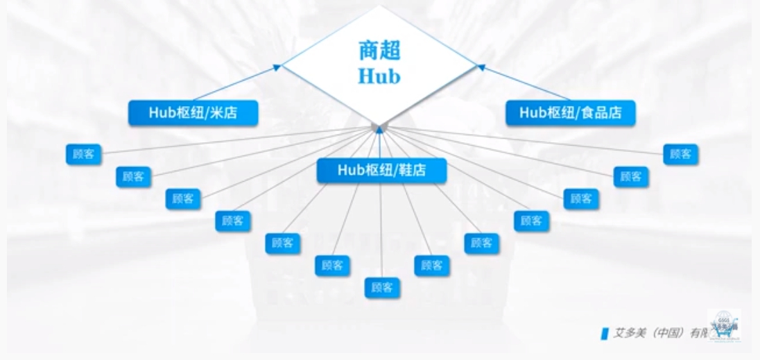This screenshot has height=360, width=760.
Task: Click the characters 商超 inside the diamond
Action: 379,50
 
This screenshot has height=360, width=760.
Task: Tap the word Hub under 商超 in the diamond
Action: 379,76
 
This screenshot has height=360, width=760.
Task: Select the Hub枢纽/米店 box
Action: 193,113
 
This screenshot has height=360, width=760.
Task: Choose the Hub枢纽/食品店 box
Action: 570,113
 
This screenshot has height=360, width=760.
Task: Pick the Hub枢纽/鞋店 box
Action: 381,171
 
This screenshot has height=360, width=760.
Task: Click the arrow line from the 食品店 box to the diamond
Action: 526,84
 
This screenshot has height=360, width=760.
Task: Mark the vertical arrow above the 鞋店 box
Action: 379,142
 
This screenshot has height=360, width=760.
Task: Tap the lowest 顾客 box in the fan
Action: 382,287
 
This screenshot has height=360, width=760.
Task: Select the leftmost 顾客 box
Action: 84,154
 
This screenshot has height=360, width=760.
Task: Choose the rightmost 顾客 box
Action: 680,154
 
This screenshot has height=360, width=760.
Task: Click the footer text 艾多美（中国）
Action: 648,333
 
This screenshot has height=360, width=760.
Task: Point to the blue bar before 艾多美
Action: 604,334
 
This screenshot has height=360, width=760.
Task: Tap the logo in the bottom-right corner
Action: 724,325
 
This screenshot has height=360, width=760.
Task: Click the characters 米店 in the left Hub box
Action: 225,113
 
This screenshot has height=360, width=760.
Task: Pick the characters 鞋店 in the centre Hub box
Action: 413,171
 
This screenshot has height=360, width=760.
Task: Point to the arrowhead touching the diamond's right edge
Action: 481,67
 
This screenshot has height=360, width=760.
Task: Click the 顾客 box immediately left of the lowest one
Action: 332,265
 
